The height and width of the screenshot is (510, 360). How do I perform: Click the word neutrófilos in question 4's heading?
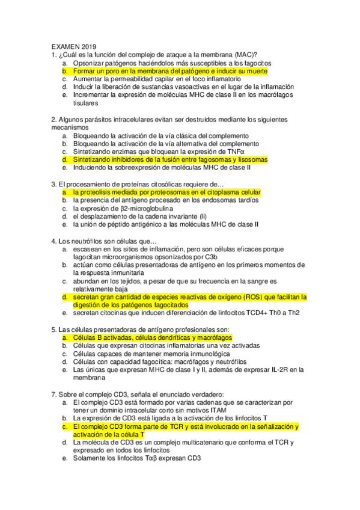[81, 240]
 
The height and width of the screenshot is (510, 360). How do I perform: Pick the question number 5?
[53, 329]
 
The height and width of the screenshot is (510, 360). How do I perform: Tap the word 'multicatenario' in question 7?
[194, 443]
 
